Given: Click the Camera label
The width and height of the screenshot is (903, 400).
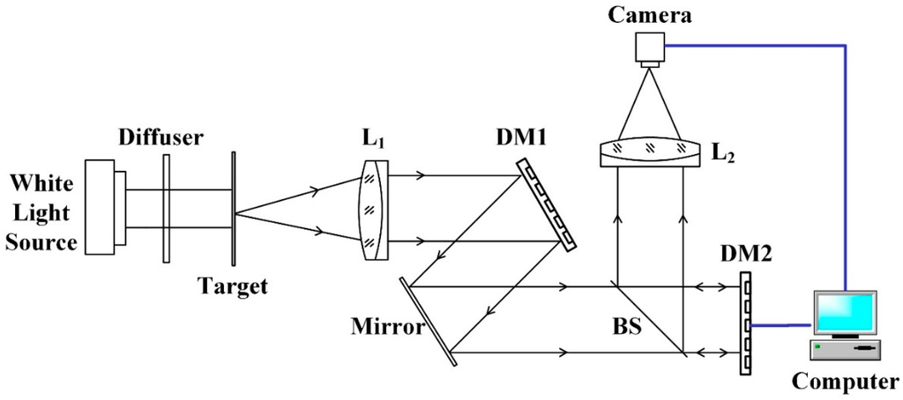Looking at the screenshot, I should (655, 14).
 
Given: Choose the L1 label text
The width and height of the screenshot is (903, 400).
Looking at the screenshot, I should (371, 140).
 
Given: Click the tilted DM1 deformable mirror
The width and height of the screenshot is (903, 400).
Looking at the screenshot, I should (548, 203).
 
